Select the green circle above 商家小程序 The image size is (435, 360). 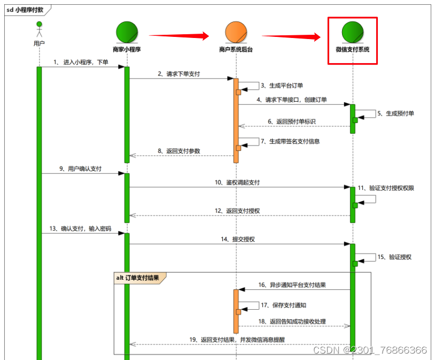pos(127,32)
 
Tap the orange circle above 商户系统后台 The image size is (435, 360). pos(236,32)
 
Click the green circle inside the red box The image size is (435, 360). pos(353,32)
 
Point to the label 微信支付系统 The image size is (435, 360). pos(353,49)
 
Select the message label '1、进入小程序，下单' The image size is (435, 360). pos(81,62)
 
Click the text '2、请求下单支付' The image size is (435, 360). pos(179,74)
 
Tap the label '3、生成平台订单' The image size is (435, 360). pos(281,85)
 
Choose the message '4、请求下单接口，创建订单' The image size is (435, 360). pos(292,99)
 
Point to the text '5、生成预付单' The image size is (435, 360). pos(395,113)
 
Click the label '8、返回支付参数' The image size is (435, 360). pos(179,151)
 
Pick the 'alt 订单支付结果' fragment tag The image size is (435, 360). pos(138,278)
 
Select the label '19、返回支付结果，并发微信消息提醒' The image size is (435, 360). pos(238,339)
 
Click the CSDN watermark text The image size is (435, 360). pos(370,350)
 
